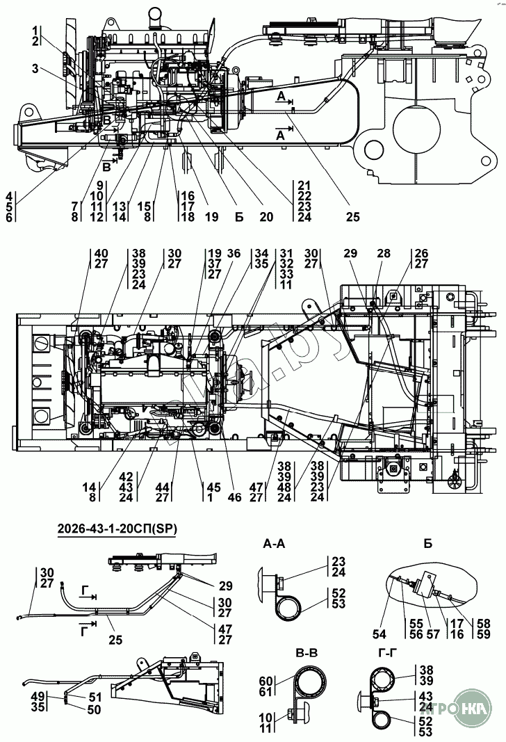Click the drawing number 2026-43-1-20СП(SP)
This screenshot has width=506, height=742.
pos(117,529)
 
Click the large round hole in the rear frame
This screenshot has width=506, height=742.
pos(417,126)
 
